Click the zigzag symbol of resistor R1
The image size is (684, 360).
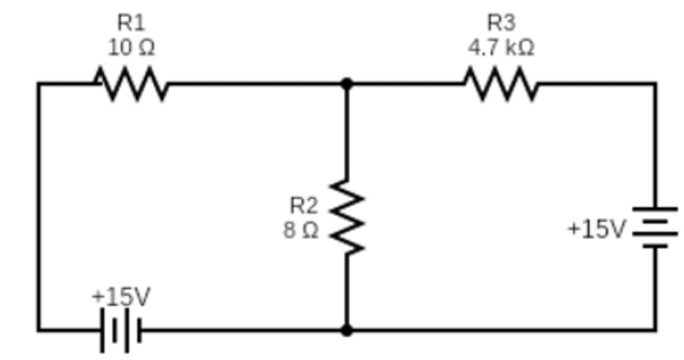[x=132, y=83]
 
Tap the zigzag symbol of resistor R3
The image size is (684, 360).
[x=501, y=83]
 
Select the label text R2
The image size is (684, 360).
[x=303, y=204]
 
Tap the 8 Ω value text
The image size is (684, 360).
[x=301, y=230]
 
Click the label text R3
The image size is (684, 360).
[x=501, y=22]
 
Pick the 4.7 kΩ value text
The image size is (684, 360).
[x=501, y=48]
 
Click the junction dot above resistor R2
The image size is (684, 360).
[x=347, y=83]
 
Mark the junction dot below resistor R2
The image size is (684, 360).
[x=347, y=330]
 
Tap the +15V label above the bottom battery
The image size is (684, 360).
[x=121, y=295]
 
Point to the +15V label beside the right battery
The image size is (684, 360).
[x=596, y=228]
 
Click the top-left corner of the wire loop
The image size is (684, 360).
[x=38, y=83]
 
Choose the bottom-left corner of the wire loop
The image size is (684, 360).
[x=38, y=330]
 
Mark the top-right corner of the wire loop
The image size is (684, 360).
[x=655, y=83]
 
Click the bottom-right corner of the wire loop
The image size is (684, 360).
[x=655, y=330]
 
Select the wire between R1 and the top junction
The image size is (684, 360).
[x=255, y=83]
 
